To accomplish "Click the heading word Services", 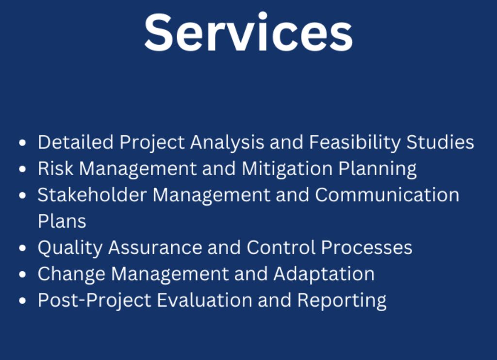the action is (x=248, y=32).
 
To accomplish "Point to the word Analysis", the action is (x=227, y=142).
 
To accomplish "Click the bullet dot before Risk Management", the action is (x=22, y=169).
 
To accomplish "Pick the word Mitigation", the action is (x=287, y=168).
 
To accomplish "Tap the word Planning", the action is (x=377, y=168).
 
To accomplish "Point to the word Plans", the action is (x=62, y=221).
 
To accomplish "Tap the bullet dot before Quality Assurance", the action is (x=22, y=248).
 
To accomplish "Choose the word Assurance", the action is (x=155, y=247).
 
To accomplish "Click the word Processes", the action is (x=367, y=247).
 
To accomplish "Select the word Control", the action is (x=281, y=247).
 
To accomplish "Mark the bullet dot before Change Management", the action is (x=22, y=274).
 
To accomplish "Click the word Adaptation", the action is (x=324, y=274).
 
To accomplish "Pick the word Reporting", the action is (x=342, y=300).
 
